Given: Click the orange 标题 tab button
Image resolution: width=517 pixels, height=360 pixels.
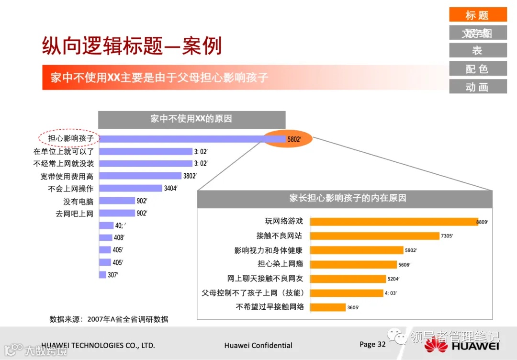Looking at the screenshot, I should (477, 15).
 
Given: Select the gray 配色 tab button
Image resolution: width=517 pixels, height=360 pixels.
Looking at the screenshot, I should (477, 68).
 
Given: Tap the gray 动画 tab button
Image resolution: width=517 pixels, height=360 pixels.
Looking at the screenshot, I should (477, 87).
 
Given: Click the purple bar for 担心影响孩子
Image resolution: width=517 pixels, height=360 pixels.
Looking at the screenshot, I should (191, 139).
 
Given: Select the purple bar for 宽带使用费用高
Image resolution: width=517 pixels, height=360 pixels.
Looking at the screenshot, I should (140, 176).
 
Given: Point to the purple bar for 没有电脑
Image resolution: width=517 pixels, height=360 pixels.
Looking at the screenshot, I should (117, 201).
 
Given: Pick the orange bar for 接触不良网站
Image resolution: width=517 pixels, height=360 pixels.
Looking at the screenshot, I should (375, 236).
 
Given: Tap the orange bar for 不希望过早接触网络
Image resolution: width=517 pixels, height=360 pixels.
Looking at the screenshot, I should (328, 307).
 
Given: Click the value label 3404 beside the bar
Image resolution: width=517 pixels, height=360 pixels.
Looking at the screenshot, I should (170, 189).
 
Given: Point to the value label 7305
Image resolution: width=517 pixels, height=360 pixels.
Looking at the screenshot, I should (447, 236).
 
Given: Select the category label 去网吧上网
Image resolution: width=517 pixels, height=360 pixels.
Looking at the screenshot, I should (74, 214).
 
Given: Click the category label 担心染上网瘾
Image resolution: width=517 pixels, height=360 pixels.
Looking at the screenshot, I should (280, 264).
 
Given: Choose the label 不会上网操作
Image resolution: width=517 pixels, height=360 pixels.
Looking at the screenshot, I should (70, 189).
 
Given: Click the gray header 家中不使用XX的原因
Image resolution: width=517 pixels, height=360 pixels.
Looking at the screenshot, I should (191, 119).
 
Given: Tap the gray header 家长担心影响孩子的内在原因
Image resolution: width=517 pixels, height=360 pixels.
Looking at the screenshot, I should (345, 198).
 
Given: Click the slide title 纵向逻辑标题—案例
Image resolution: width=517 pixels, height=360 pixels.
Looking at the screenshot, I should (132, 46).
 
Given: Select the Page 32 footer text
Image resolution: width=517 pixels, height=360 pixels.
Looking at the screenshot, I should (372, 344).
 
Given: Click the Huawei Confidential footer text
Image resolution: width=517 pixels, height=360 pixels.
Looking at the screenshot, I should (258, 345).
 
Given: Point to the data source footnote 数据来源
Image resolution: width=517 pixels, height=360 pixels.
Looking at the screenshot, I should (109, 319).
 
